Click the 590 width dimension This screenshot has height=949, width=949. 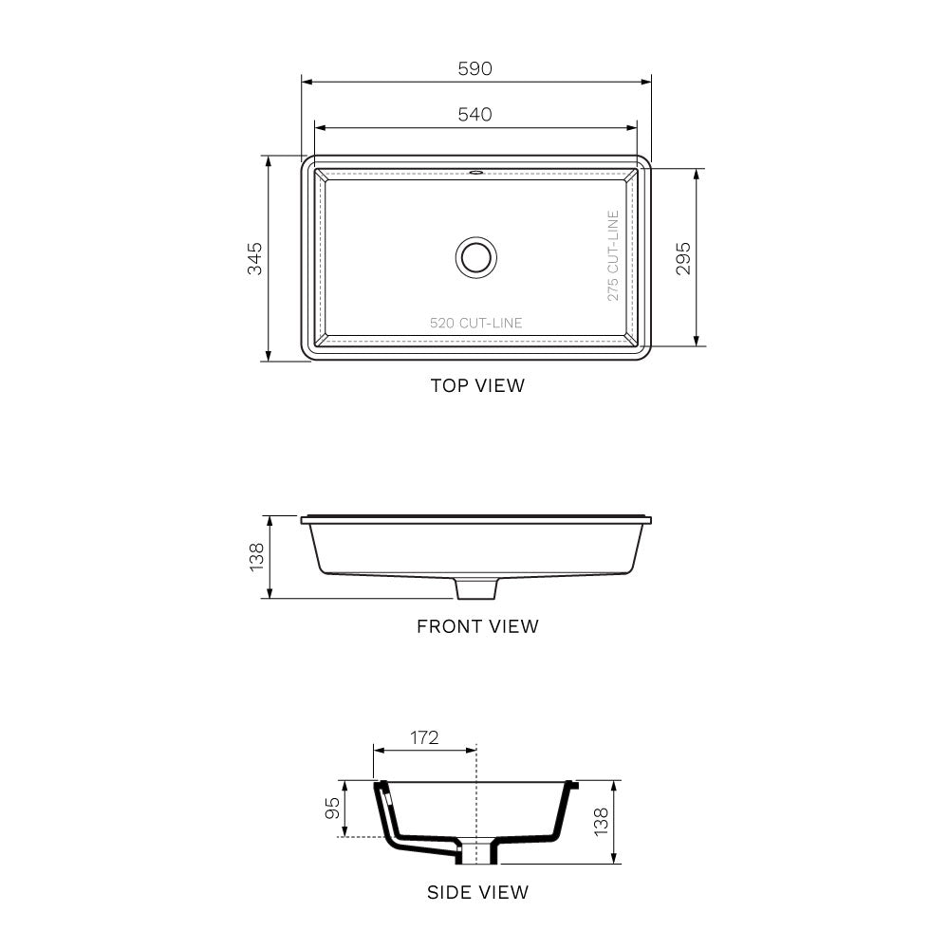[x=475, y=68]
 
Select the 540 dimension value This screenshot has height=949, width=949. [x=475, y=114]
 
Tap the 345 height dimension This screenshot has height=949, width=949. [x=254, y=258]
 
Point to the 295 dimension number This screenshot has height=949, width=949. [x=683, y=258]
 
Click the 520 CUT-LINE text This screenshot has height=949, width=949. [x=475, y=323]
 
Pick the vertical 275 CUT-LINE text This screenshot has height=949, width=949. [x=613, y=256]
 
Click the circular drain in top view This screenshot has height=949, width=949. [x=475, y=256]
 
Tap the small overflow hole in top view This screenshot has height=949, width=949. [x=475, y=173]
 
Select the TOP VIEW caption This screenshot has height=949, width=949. [x=477, y=385]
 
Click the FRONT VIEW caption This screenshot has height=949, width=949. [x=477, y=626]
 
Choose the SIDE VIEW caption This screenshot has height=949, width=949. [x=477, y=892]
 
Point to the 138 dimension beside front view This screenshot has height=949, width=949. [x=255, y=557]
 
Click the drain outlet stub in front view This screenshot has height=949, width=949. [x=476, y=588]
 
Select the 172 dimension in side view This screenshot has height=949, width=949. [x=424, y=737]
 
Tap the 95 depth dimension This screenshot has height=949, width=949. [x=332, y=808]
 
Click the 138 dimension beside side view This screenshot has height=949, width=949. [x=601, y=822]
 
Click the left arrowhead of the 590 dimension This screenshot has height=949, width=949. [x=306, y=82]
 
